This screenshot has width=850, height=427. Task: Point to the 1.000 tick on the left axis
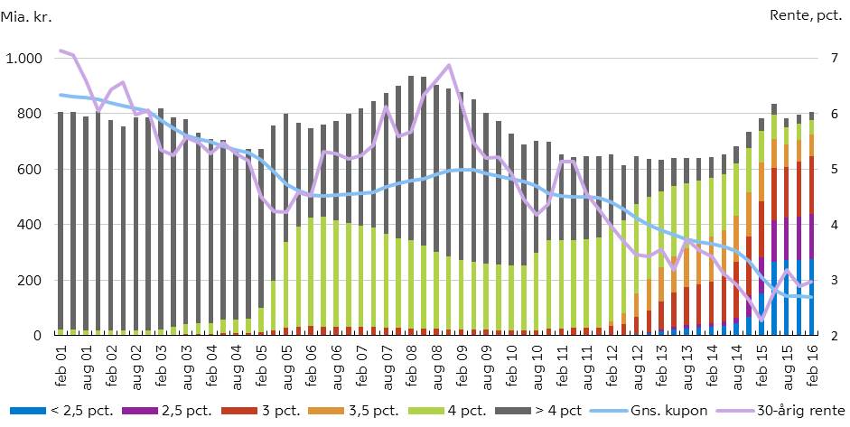(23, 59)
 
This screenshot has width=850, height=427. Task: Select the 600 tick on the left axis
(31, 170)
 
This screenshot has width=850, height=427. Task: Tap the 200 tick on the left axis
(31, 281)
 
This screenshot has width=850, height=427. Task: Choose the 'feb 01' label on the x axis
(61, 366)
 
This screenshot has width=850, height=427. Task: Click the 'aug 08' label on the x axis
(437, 366)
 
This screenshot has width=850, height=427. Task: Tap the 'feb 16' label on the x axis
(813, 366)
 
